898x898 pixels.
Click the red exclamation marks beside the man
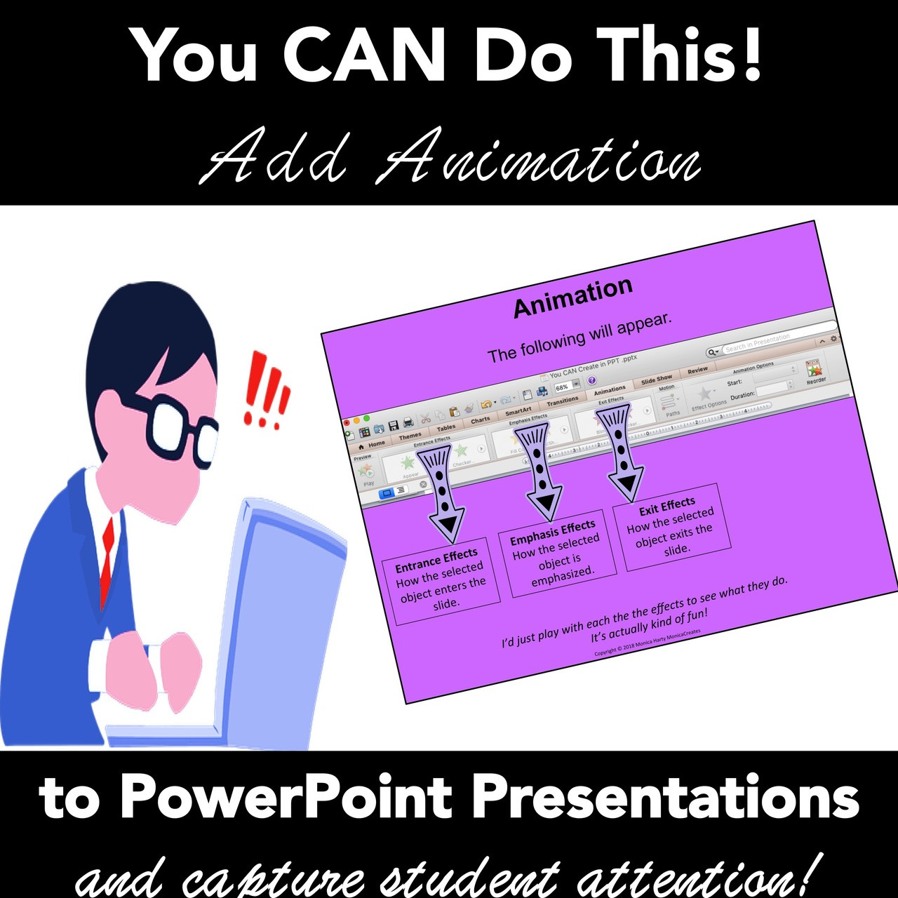click(x=267, y=391)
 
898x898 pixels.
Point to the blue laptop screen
click(x=281, y=617)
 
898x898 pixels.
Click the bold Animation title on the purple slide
click(x=572, y=297)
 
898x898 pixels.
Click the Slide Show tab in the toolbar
click(x=657, y=379)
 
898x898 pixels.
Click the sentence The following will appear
click(x=579, y=338)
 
